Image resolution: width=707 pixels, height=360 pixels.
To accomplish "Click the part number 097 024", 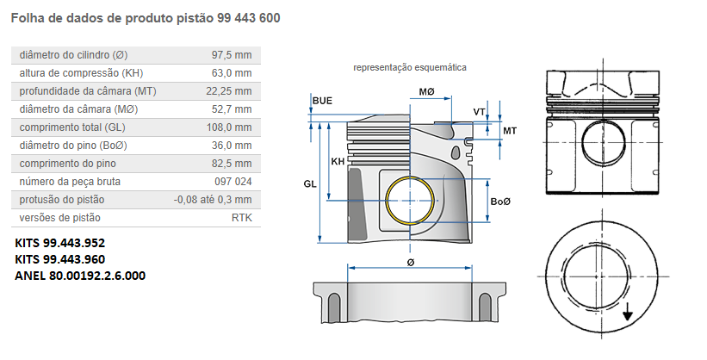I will [x=233, y=182].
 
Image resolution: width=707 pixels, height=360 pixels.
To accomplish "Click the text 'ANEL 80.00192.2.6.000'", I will [x=80, y=276].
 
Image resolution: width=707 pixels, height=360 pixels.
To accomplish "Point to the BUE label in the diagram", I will [x=322, y=102].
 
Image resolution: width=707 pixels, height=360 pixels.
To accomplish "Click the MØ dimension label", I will [x=427, y=91].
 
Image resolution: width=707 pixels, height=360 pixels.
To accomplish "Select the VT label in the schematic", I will [x=479, y=112].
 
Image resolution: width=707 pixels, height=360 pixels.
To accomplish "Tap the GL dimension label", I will [x=310, y=183].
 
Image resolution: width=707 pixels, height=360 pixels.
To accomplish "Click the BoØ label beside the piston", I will [x=500, y=201].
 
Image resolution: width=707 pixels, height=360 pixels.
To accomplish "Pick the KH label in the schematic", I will [x=338, y=161].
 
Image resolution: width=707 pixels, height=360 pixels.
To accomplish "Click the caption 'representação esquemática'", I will [x=410, y=67].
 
